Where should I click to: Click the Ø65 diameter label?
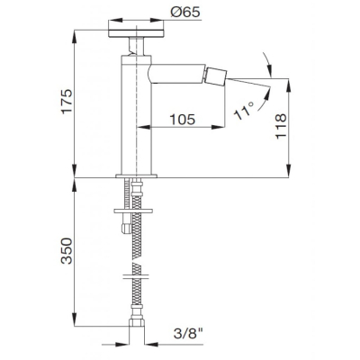(x=185, y=13)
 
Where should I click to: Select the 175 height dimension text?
(x=67, y=101)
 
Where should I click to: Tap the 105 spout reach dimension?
(x=183, y=120)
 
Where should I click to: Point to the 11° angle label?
(x=245, y=110)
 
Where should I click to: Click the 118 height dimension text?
(x=281, y=126)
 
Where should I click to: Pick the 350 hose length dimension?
(x=67, y=251)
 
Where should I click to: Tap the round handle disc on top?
(x=136, y=33)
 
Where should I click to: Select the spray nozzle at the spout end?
(x=215, y=76)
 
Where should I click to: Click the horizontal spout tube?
(x=177, y=74)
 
